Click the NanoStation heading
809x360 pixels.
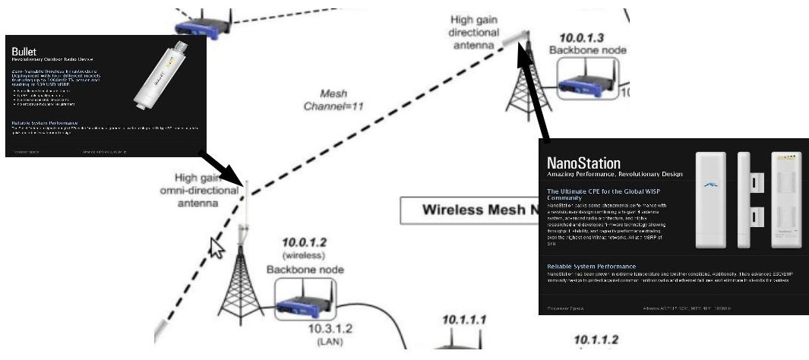583,163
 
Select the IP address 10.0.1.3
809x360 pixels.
582,37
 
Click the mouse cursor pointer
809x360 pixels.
217,247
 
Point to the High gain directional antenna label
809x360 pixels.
475,33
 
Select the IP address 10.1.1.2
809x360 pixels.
596,339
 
